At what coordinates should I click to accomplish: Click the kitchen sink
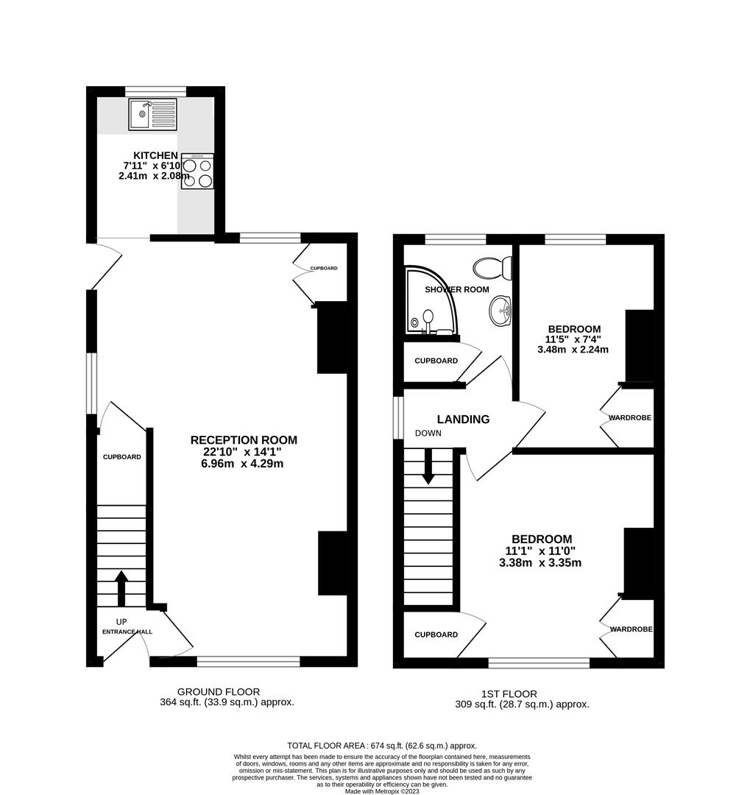tap(152, 115)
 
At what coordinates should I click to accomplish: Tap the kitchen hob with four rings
tap(197, 172)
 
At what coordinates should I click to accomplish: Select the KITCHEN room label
tap(156, 155)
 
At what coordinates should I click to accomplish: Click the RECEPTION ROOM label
tap(244, 440)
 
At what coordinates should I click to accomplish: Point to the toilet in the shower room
tap(492, 268)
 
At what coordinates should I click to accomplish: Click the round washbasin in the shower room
tap(500, 311)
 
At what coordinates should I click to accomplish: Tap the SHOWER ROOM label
tap(457, 289)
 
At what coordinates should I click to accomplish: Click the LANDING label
tap(464, 420)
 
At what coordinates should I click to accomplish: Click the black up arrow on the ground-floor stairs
tap(121, 588)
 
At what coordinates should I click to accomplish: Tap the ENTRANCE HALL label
tap(127, 632)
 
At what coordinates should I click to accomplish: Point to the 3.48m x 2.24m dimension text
tap(573, 350)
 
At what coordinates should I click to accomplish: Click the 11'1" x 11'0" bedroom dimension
tap(540, 551)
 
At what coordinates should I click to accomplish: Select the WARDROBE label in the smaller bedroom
tap(630, 418)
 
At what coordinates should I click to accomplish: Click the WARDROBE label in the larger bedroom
tap(631, 629)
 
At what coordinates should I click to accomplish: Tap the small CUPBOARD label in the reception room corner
tap(324, 268)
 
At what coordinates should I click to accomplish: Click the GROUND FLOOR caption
tap(219, 691)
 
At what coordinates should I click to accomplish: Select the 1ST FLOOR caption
tap(509, 693)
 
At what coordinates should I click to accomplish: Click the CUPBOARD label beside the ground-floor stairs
tap(121, 457)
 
